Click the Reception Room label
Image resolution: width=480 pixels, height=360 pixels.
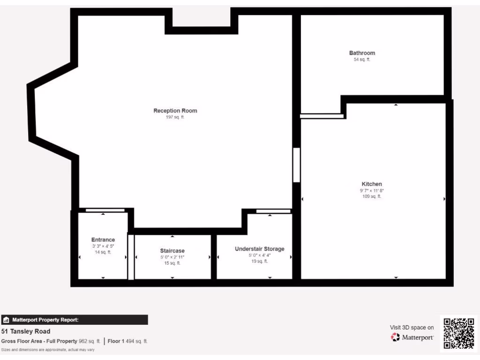[x=175, y=111]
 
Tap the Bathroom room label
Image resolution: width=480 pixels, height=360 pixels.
[x=362, y=53]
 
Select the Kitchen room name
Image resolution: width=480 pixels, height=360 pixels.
[x=372, y=184]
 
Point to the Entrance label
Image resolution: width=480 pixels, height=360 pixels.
[x=103, y=240]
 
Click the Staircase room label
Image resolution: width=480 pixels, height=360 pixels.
[x=172, y=251]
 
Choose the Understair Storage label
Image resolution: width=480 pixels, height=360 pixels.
[x=260, y=249]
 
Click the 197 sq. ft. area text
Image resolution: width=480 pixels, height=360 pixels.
[x=175, y=117]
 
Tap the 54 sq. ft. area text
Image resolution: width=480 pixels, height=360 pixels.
[x=362, y=60]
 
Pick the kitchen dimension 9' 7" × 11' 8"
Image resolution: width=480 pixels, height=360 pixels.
[x=372, y=191]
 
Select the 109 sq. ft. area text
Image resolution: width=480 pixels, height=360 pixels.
[x=372, y=197]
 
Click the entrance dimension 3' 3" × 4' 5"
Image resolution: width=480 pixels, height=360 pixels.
[x=103, y=246]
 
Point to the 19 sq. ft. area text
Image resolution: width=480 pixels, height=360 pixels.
[x=260, y=262]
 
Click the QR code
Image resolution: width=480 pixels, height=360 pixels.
[x=459, y=333]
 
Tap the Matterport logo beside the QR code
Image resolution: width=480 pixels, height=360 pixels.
[x=412, y=337]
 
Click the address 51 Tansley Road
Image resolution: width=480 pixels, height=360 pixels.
[x=26, y=331]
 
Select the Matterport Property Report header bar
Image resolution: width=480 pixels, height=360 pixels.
[x=75, y=320]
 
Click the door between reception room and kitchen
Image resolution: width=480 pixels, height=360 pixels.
[x=296, y=165]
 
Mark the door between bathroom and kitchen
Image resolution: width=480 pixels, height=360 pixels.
[x=322, y=116]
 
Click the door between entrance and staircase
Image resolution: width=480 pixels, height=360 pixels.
[x=131, y=256]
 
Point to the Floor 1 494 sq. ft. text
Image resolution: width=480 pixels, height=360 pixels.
[x=128, y=341]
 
